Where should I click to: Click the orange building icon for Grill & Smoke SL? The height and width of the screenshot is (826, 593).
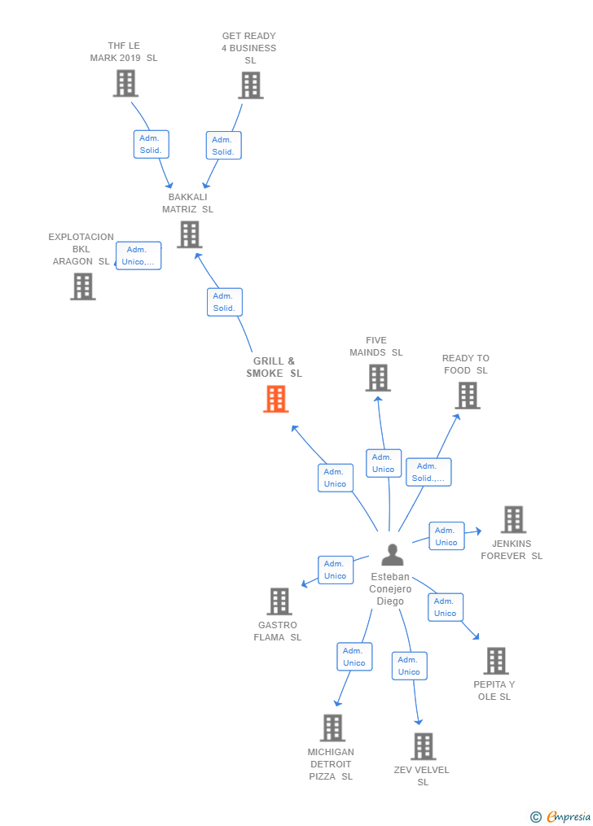click(x=276, y=399)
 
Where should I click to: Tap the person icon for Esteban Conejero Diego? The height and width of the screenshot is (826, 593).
click(x=392, y=555)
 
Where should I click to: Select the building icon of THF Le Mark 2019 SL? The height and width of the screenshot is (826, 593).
click(x=125, y=83)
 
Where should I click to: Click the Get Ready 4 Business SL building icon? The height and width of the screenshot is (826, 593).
click(x=250, y=85)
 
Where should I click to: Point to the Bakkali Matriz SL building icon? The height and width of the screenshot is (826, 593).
click(x=189, y=234)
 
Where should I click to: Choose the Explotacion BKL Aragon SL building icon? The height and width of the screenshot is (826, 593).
click(x=82, y=286)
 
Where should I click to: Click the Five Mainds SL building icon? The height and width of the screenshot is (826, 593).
click(x=377, y=378)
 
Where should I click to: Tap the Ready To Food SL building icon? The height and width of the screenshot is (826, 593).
click(x=467, y=396)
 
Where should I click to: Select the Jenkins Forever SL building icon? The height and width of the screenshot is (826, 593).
click(x=513, y=519)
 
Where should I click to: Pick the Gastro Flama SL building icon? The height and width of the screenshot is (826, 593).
click(x=279, y=601)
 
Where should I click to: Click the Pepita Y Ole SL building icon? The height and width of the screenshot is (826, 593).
click(x=495, y=661)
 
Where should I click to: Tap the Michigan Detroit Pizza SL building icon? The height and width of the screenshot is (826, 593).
click(x=332, y=728)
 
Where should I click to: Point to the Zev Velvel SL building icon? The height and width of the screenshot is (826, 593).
click(x=423, y=746)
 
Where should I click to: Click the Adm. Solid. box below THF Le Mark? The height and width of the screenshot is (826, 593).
click(x=151, y=144)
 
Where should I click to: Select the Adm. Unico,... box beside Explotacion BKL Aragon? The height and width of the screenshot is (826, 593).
click(x=138, y=256)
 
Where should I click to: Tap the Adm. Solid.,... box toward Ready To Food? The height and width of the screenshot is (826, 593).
click(x=428, y=472)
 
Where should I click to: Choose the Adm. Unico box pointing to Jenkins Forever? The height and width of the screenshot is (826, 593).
click(x=446, y=536)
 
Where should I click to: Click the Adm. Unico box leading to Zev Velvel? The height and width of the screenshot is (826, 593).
click(x=409, y=666)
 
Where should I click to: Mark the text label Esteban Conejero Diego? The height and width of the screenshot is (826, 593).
click(x=390, y=589)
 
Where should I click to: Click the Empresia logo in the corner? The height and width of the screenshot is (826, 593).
click(x=562, y=816)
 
